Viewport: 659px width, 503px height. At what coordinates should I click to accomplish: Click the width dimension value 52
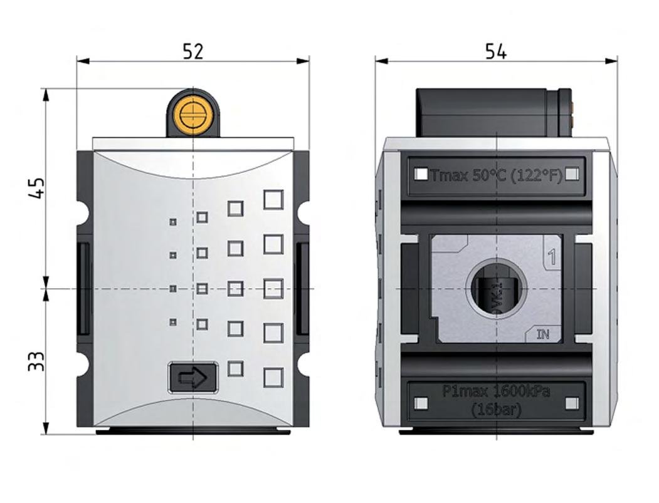(193, 51)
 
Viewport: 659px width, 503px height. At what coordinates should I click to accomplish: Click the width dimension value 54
(495, 51)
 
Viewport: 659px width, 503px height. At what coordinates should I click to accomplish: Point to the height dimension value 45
(37, 188)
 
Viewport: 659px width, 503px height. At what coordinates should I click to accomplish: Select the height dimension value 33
(37, 361)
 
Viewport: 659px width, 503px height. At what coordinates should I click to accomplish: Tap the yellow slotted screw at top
(192, 115)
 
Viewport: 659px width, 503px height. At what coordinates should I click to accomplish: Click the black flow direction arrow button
(193, 377)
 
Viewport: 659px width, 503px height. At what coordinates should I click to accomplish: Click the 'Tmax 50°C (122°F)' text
(496, 175)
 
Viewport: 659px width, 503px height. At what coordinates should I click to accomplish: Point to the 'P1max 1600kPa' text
(496, 392)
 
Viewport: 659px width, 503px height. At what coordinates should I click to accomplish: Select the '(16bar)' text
(496, 410)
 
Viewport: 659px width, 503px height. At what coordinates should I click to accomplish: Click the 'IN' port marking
(543, 334)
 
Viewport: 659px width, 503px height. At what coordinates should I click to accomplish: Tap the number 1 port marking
(552, 256)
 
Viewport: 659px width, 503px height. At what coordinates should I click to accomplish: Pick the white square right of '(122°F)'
(571, 175)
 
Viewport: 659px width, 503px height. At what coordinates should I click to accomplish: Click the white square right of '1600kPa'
(571, 403)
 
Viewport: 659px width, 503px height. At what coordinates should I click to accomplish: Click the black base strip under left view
(193, 431)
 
